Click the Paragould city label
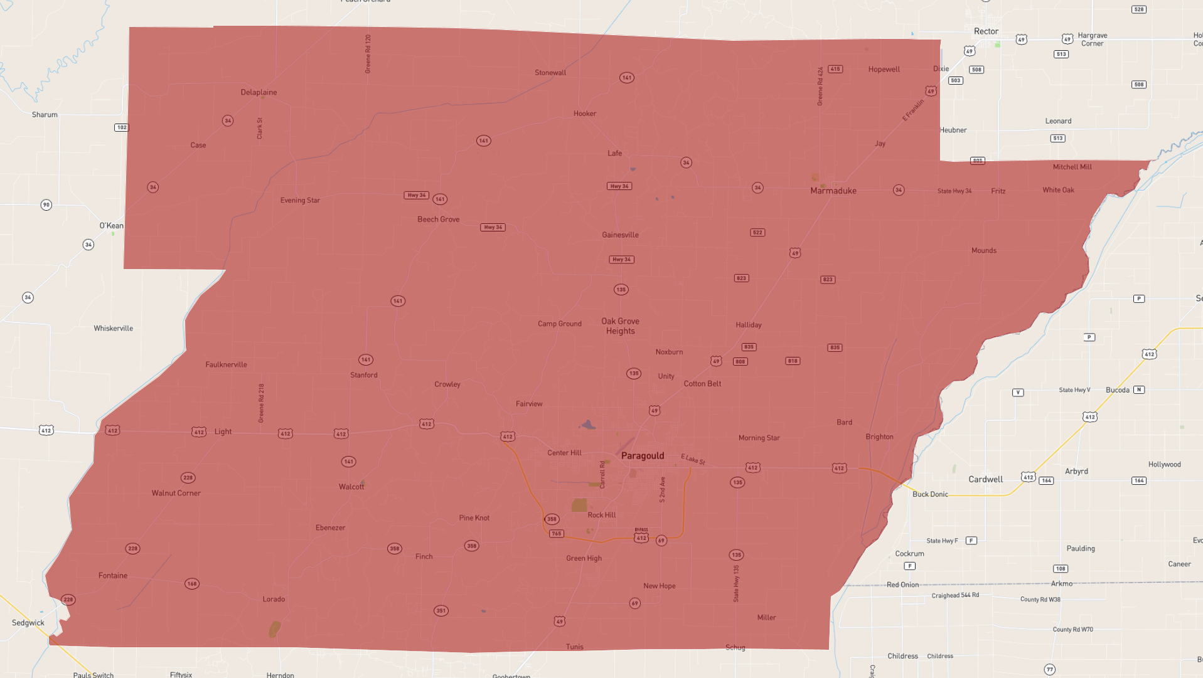click(x=642, y=456)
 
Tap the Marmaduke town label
click(x=833, y=191)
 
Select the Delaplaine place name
click(x=259, y=92)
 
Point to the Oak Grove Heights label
click(x=620, y=326)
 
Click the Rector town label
click(x=986, y=31)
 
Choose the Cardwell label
click(x=985, y=479)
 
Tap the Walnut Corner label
click(x=176, y=493)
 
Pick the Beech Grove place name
click(x=438, y=220)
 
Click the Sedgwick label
click(x=28, y=623)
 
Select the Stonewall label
click(x=550, y=73)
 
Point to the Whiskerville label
click(x=113, y=328)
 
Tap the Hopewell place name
click(x=884, y=70)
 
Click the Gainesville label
click(x=620, y=235)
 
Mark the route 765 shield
click(x=556, y=534)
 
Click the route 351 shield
click(x=441, y=610)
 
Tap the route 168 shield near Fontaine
click(x=191, y=584)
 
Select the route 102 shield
click(x=121, y=127)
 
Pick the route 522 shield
click(x=757, y=233)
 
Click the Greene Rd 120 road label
click(x=368, y=54)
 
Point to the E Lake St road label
click(x=693, y=459)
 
